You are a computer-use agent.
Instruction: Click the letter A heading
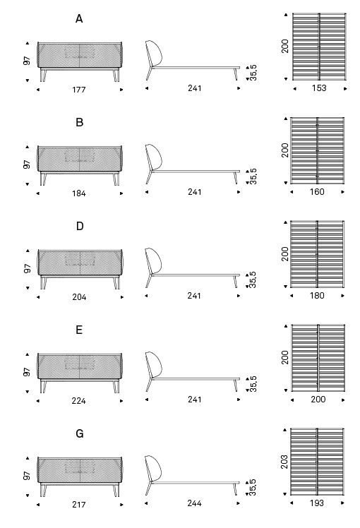pos(79,19)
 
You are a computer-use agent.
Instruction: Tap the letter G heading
pos(80,433)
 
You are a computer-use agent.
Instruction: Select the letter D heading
pos(80,227)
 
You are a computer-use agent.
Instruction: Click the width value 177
pos(79,90)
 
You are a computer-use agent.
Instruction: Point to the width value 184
pos(79,193)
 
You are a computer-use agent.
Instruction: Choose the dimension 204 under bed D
pos(79,297)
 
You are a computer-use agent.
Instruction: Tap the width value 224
pos(78,401)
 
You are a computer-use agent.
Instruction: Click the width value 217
pos(79,505)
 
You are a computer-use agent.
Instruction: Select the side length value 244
pos(194,503)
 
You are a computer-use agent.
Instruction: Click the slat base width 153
pos(319,88)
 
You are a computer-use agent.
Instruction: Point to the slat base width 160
pos(317,191)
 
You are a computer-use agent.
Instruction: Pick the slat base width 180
pos(317,295)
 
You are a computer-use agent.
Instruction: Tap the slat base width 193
pos(316,503)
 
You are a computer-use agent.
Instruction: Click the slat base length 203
pos(284,462)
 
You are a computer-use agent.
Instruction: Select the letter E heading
pos(79,330)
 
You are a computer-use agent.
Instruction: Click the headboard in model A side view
pos(155,53)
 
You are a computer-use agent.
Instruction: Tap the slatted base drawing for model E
pos(318,358)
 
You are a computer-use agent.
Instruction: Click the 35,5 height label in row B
pos(253,176)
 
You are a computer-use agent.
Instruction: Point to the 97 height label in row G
pos(27,476)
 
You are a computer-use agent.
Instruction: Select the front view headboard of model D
pos(80,263)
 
